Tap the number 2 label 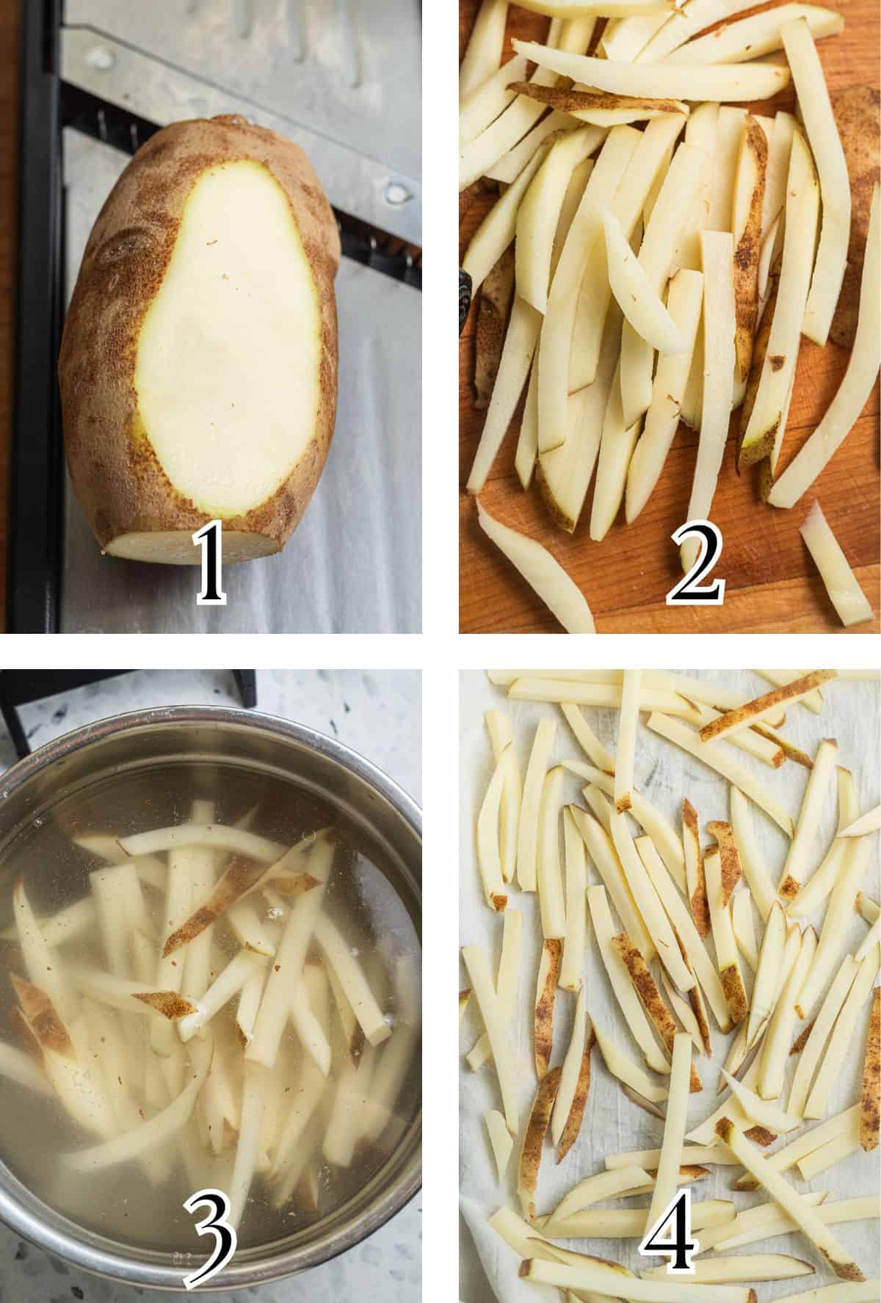point(695,564)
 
